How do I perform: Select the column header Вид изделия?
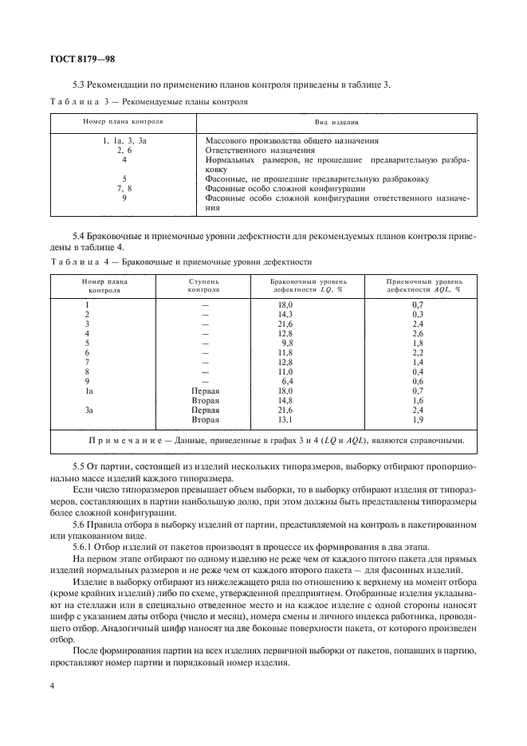[336, 123]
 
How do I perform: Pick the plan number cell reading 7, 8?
[124, 188]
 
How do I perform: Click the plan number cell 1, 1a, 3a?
[124, 140]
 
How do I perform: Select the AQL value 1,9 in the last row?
[417, 419]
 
